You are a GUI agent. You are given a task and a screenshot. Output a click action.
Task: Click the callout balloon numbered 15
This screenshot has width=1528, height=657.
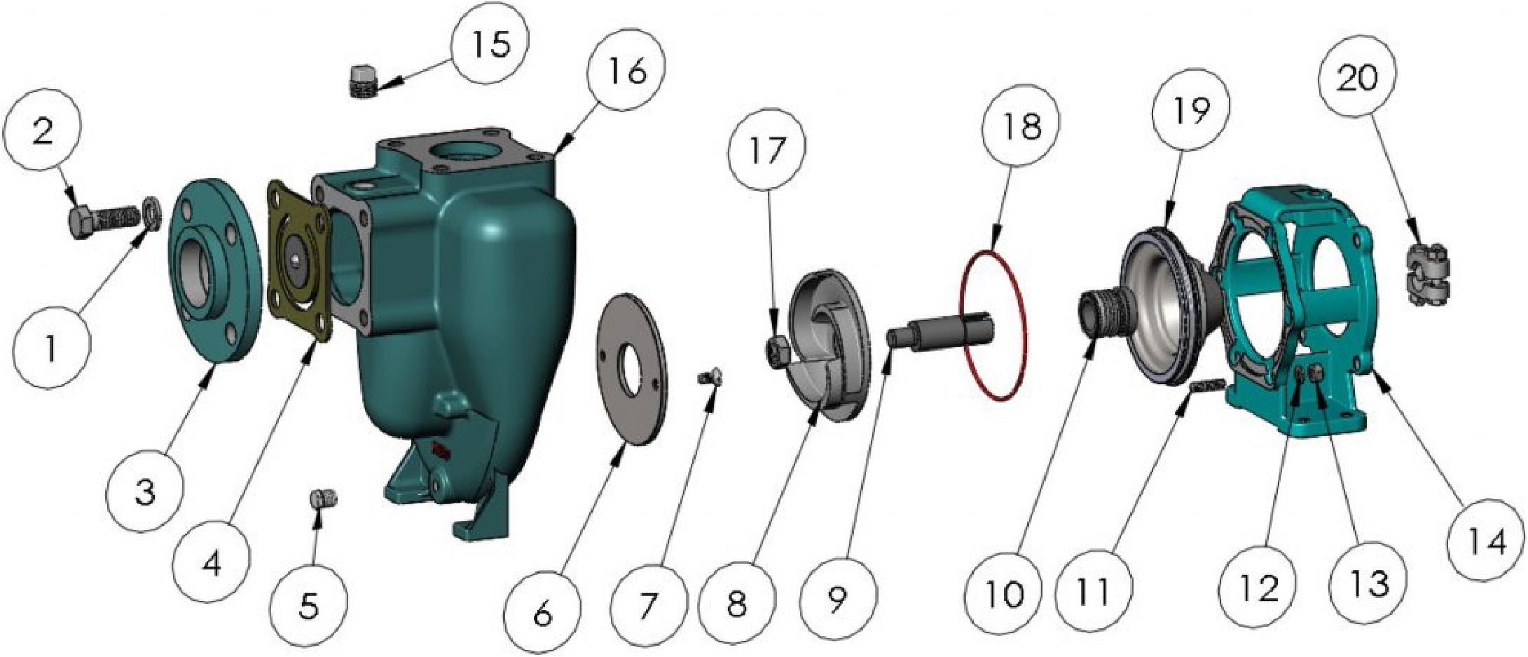pos(490,45)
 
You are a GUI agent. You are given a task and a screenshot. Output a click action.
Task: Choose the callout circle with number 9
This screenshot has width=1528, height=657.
pos(837,597)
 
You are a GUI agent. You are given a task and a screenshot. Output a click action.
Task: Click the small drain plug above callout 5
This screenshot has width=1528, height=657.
pos(323,499)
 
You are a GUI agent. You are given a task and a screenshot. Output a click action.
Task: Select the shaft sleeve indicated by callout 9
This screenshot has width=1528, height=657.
pos(941,330)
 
